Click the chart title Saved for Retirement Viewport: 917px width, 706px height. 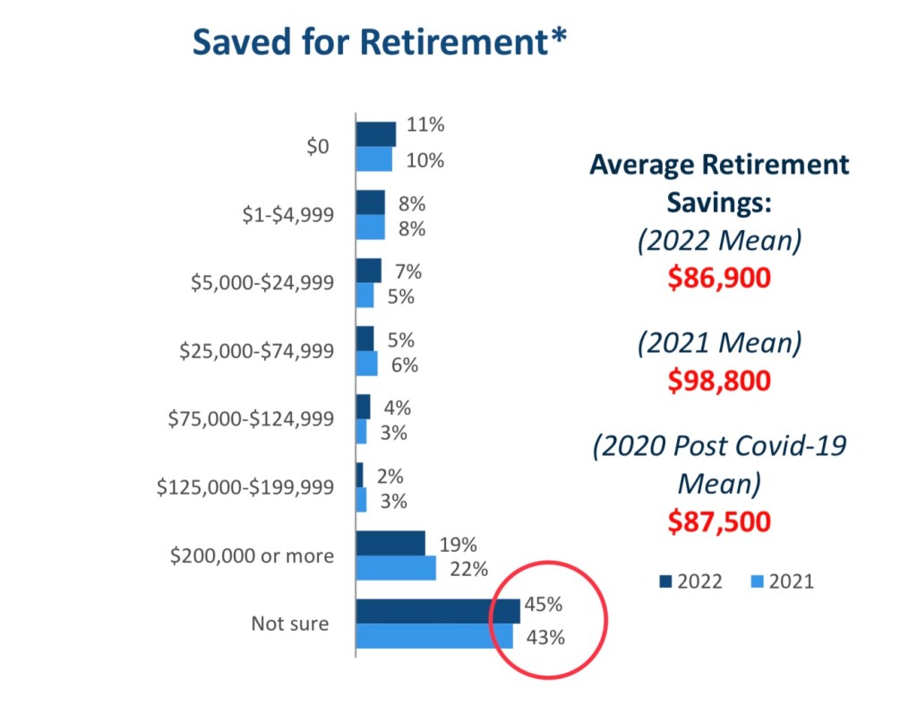coord(380,42)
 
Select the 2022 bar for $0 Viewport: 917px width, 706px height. coord(375,133)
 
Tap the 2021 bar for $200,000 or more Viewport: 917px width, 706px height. coord(396,568)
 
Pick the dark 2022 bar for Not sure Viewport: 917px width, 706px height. coord(437,611)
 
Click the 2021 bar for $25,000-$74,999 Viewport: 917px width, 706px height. coord(366,364)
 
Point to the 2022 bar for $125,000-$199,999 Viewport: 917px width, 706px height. coord(359,475)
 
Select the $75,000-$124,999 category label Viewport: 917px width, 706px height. coord(251,418)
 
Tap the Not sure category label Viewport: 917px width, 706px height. coord(289,624)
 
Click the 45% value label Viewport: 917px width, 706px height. coord(544,605)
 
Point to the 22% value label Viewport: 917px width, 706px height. coord(469,569)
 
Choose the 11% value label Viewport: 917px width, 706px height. coord(425,125)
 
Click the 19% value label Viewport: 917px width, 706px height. coord(458,544)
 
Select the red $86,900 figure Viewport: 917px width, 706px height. coord(719,278)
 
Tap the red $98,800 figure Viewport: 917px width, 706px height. coord(719,381)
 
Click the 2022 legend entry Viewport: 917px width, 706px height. coord(690,581)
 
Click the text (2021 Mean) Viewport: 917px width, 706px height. coord(719,343)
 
